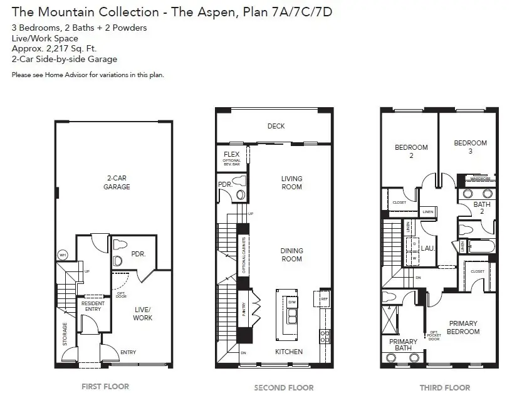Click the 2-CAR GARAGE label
coord(117,182)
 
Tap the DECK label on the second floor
coord(276,126)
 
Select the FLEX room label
coord(231,154)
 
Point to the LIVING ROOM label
coord(291,182)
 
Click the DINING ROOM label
coord(291,254)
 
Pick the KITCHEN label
coord(289,352)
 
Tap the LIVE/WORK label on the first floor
coord(142,314)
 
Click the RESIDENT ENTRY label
coord(93,306)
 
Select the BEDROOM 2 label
coord(411,151)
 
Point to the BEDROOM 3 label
coord(470,147)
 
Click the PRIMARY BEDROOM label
coord(464,327)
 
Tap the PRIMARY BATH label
coord(403,345)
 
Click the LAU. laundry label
coord(428,248)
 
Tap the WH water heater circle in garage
coord(63,255)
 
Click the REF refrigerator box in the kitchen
coord(324,300)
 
